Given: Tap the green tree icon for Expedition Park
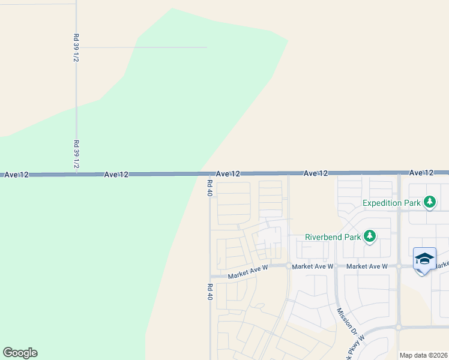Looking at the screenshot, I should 429,202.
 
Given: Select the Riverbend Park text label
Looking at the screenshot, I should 333,237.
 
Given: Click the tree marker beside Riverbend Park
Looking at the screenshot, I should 370,236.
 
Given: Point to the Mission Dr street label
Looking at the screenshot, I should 347,322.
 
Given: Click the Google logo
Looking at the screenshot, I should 20,353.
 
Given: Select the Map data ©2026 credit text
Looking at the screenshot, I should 423,355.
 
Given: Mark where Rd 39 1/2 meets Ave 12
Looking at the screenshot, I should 76,174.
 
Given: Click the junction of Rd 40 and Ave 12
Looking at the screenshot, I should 209,174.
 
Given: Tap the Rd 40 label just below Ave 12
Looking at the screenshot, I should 209,188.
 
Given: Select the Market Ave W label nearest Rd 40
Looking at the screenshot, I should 247,274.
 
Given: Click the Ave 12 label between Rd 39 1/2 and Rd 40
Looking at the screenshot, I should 116,175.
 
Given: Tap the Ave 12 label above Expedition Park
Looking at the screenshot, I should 421,173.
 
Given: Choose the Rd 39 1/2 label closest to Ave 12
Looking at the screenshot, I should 76,154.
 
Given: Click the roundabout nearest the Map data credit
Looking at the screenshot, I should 398,328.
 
